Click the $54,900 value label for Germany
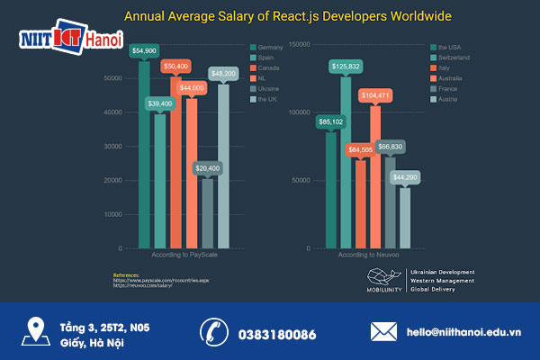point(144,51)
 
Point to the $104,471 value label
point(375,94)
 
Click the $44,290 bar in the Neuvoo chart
point(405,217)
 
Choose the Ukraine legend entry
point(265,89)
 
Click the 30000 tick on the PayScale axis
point(112,146)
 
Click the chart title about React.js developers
point(288,16)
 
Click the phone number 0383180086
point(277,334)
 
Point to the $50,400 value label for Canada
point(175,67)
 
